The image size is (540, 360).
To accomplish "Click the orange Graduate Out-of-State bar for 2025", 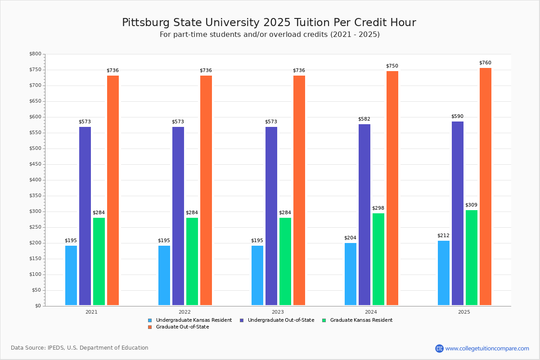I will pos(486,187).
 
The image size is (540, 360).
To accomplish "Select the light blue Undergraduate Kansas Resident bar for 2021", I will pos(71,275).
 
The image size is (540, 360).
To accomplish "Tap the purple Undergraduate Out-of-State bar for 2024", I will pos(364,215).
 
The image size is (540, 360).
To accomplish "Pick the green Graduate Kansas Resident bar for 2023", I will pos(285,261).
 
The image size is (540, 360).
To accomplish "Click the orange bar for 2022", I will pos(206,190).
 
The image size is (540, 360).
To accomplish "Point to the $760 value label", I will pos(485,63).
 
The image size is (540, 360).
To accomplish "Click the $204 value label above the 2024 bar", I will pos(350,238).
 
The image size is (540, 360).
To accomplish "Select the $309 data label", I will pos(471,205).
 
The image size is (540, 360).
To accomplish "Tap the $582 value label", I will pos(364,119).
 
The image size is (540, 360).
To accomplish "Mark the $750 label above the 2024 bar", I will pos(392,66).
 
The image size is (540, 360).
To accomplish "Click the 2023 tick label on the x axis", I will pos(278,312).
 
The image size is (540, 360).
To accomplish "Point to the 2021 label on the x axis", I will pos(91,312).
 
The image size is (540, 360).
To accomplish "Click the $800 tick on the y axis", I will pos(35,54).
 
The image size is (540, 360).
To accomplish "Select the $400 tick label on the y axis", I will pos(35,180).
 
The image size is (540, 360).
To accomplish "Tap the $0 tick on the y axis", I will pos(37,306).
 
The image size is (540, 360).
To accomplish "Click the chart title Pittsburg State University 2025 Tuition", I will pos(269,22).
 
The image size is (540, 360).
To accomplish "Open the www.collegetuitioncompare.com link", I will pos(487,348).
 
